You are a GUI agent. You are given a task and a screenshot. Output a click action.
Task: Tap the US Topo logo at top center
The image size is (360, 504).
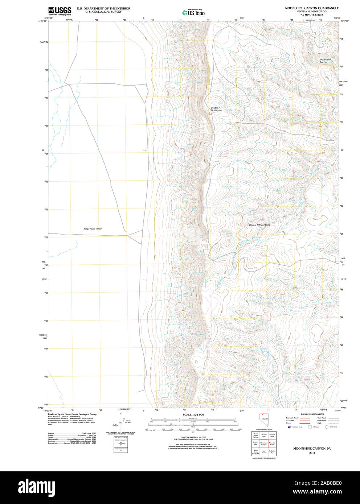click(x=193, y=12)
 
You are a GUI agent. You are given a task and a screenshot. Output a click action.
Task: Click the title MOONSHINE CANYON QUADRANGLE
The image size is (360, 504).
click(x=311, y=8)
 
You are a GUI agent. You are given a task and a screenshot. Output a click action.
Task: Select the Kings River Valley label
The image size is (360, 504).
click(x=93, y=229)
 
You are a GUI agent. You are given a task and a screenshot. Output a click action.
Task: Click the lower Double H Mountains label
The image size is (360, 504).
click(x=259, y=225)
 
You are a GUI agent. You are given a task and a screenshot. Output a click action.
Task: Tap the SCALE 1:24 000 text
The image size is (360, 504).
click(x=193, y=414)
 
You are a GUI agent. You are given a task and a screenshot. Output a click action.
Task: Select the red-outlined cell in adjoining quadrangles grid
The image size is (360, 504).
click(x=264, y=443)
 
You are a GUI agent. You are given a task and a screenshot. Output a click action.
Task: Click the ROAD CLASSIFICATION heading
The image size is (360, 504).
click(x=312, y=414)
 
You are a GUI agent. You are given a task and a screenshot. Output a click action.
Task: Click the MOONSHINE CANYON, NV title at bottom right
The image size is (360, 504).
click(x=312, y=449)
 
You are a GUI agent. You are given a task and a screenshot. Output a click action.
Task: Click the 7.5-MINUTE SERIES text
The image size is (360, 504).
click(x=311, y=15)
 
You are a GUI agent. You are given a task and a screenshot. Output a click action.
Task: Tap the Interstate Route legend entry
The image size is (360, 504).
click(x=292, y=418)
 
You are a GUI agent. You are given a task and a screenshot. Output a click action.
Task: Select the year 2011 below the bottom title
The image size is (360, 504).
click(x=312, y=453)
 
